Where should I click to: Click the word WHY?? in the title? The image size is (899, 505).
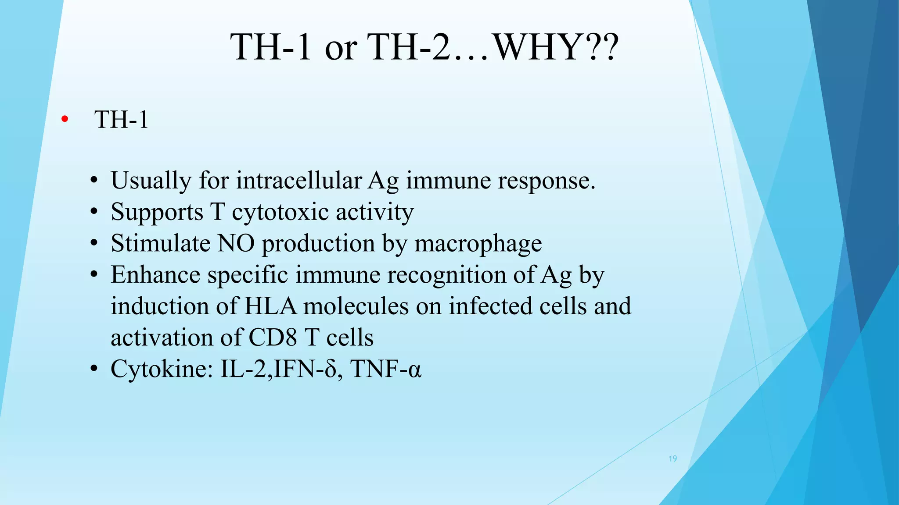point(557,47)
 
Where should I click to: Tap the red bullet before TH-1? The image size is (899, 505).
point(65,119)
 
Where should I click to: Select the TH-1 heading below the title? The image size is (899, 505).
point(122,119)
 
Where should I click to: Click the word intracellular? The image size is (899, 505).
point(298,180)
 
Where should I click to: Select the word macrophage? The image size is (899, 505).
point(478,244)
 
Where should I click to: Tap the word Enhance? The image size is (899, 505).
point(155,275)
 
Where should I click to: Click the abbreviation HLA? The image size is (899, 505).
point(270,306)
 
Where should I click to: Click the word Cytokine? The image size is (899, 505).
point(162,369)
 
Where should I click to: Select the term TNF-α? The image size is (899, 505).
point(386,369)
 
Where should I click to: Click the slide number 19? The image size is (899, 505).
point(672,459)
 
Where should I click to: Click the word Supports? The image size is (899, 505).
point(157,212)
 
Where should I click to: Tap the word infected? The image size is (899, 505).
point(490,306)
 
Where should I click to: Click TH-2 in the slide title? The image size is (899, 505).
point(408,47)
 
